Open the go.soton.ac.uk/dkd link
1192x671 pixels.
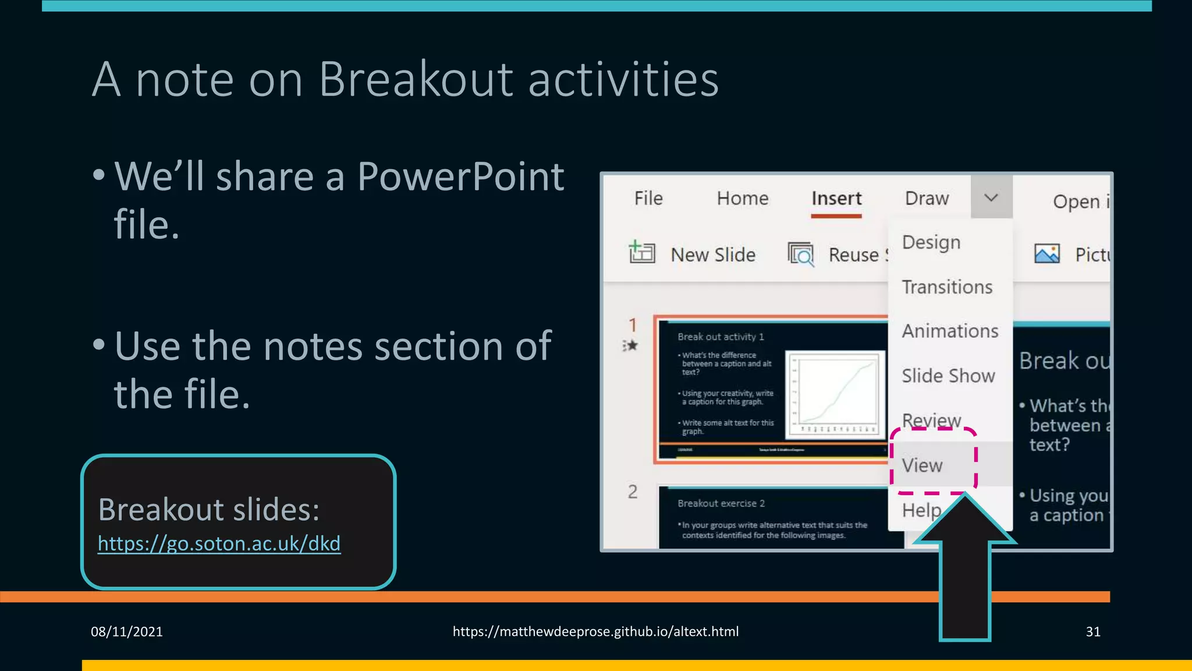click(219, 543)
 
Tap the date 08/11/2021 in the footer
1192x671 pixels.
click(126, 631)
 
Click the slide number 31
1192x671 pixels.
click(1092, 631)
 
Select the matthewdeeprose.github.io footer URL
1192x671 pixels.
click(595, 631)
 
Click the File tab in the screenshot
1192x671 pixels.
click(648, 198)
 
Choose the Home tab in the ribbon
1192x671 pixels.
click(742, 198)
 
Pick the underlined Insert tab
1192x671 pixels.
click(836, 199)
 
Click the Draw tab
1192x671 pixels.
click(927, 198)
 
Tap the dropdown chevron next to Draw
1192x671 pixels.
click(991, 197)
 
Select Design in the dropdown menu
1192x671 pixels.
click(931, 242)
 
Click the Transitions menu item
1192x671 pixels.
click(946, 287)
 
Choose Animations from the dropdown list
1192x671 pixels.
click(949, 331)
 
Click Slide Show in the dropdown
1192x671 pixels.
click(948, 376)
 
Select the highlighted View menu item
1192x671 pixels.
click(922, 465)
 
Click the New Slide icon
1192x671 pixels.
click(641, 253)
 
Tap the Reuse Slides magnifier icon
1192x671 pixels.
click(801, 254)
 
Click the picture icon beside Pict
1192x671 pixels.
click(1046, 253)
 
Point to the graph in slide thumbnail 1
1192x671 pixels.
click(835, 394)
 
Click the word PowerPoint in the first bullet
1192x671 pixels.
click(460, 176)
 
